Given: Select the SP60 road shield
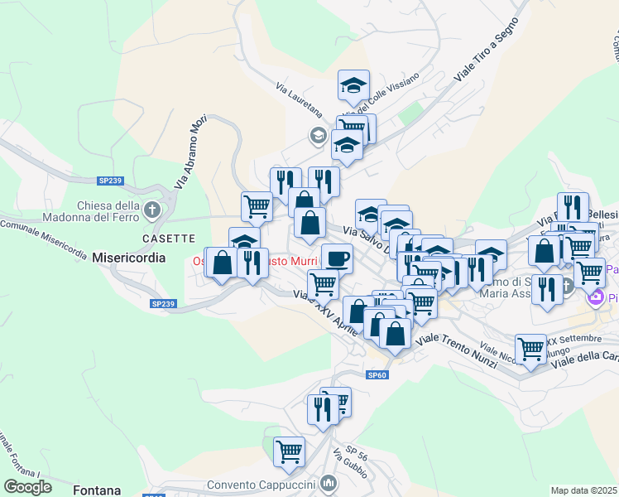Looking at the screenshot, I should pyautogui.click(x=377, y=375).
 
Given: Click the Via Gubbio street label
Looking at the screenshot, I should pyautogui.click(x=349, y=462).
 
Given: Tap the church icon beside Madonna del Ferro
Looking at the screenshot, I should pyautogui.click(x=151, y=209).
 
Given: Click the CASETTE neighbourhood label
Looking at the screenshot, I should pyautogui.click(x=168, y=238).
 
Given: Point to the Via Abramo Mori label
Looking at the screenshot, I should pyautogui.click(x=190, y=151).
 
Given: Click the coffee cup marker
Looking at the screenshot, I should pyautogui.click(x=337, y=258).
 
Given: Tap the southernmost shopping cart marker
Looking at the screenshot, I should pyautogui.click(x=289, y=451).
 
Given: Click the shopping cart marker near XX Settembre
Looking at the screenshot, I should pyautogui.click(x=530, y=348).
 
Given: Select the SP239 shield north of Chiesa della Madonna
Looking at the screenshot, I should pyautogui.click(x=109, y=180).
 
